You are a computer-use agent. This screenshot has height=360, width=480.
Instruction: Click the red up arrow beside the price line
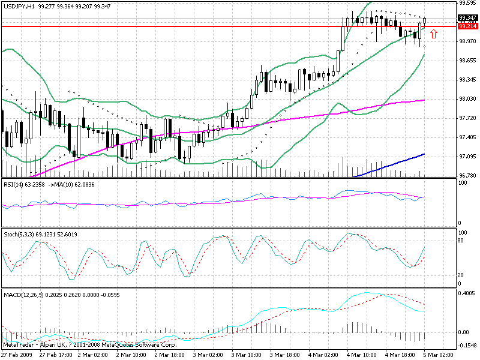click(x=434, y=34)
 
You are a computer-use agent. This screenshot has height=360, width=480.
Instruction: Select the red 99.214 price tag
click(x=467, y=26)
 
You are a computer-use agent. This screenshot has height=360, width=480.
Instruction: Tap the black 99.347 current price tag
click(x=467, y=19)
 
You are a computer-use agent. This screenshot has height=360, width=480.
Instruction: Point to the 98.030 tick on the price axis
click(x=467, y=99)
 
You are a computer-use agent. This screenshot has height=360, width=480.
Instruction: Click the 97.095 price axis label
click(x=467, y=157)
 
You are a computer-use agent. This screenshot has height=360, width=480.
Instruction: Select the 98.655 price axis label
click(x=467, y=61)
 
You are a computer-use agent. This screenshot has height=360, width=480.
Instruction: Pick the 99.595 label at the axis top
click(x=467, y=3)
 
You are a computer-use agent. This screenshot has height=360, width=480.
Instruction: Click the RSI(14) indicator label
click(x=14, y=184)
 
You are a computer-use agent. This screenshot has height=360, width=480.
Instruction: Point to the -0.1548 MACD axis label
click(x=467, y=345)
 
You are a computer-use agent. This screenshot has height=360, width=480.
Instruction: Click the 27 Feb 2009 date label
click(x=17, y=355)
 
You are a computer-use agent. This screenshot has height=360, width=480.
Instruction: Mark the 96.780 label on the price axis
click(x=467, y=176)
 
